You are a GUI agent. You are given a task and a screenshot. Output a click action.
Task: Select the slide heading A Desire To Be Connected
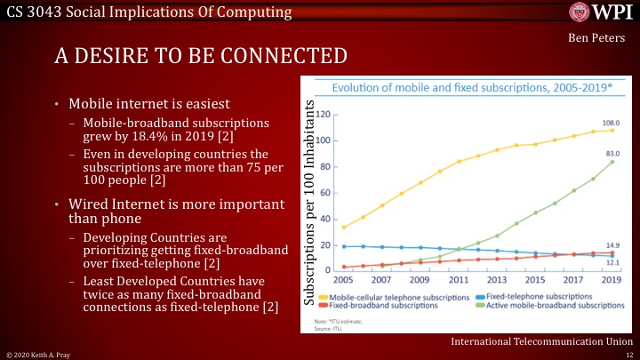coord(201,57)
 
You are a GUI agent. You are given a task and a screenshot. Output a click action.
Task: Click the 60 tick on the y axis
coord(325,193)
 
